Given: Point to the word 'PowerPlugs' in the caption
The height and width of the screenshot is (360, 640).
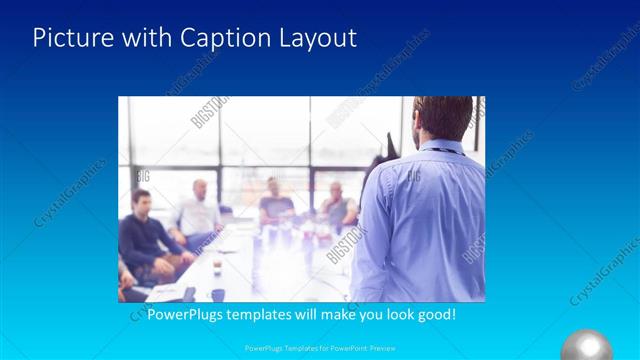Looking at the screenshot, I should (x=185, y=314).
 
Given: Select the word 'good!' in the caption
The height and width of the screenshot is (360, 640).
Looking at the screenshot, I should (x=433, y=314).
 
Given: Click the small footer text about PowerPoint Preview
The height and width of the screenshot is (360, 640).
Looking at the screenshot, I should (x=319, y=349).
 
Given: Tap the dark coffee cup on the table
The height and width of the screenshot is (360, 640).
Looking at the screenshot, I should (x=216, y=294).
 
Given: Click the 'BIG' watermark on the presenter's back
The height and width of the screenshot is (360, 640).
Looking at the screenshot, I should (x=411, y=177).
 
